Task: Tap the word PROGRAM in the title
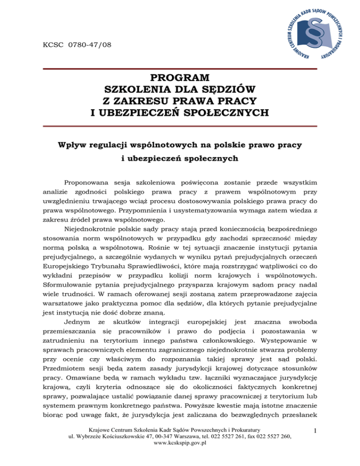[180, 77]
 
